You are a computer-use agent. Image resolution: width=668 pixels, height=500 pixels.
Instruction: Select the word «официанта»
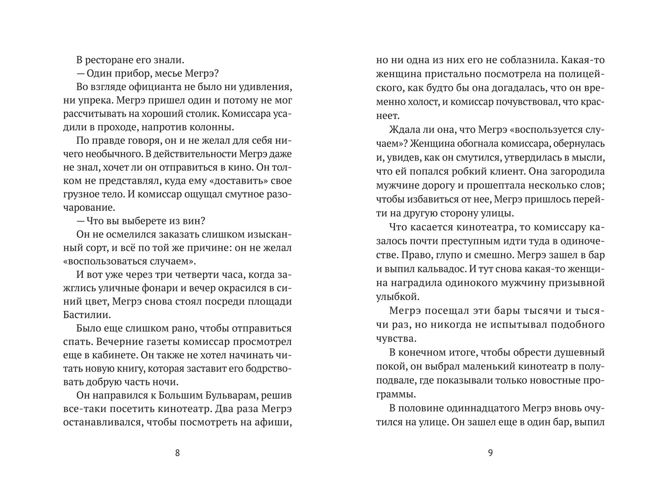tap(147, 87)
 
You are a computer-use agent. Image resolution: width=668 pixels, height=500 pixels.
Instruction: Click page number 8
tap(178, 453)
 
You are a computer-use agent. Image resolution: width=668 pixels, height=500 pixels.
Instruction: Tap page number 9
tap(490, 453)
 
